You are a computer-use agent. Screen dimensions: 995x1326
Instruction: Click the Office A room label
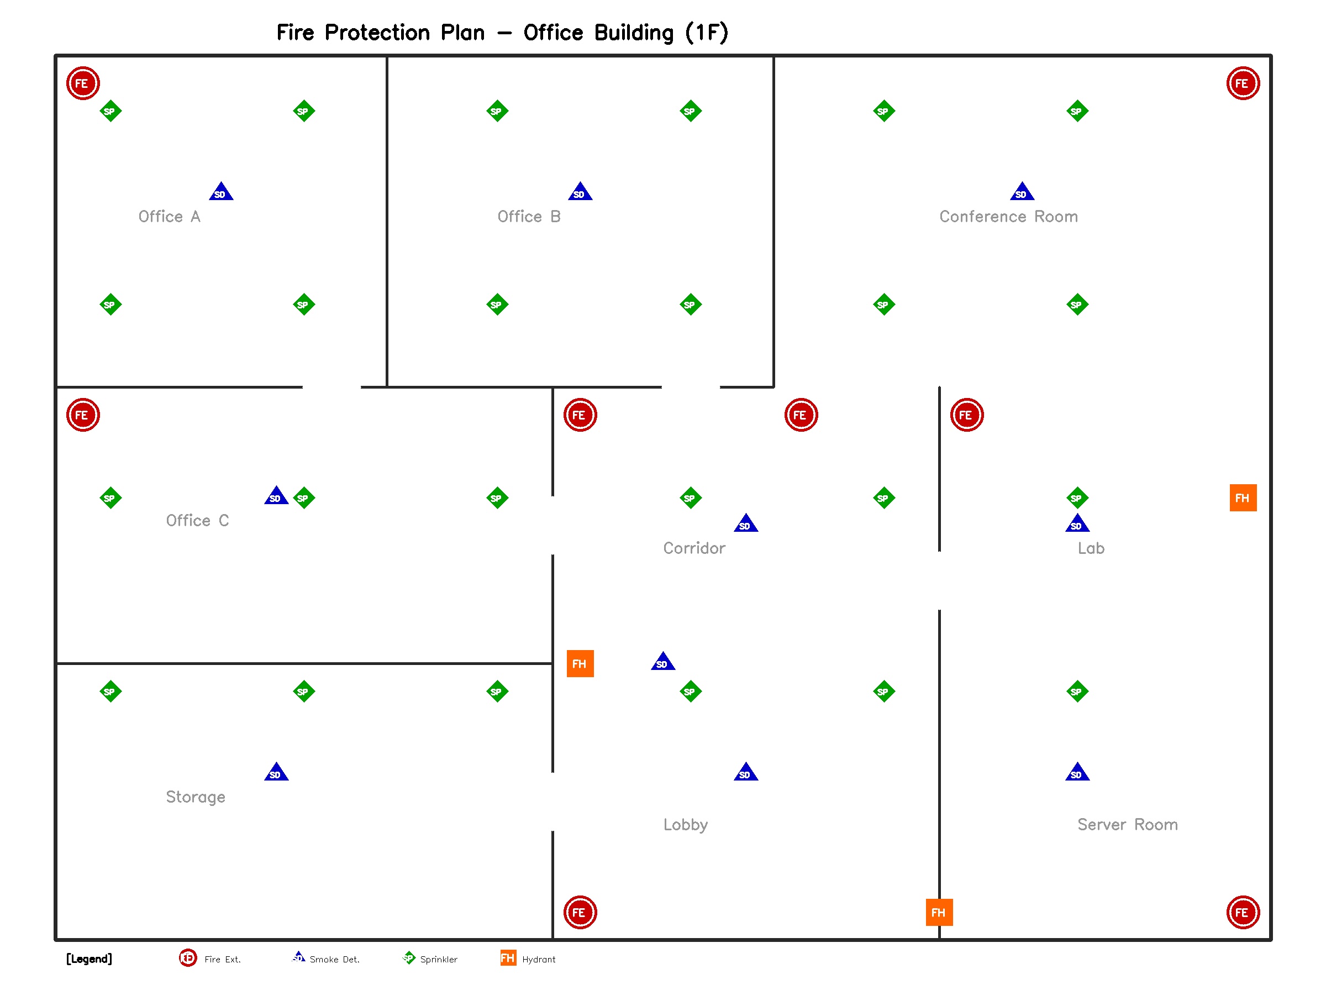point(169,217)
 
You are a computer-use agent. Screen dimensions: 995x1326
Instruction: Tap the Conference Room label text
point(1008,217)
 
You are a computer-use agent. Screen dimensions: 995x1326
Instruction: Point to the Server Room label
point(1127,825)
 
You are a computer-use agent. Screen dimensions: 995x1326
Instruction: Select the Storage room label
point(196,797)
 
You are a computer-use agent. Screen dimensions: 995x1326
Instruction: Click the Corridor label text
point(693,548)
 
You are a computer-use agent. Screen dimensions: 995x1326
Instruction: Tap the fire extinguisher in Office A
point(83,83)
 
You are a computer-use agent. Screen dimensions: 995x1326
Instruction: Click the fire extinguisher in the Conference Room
point(1243,83)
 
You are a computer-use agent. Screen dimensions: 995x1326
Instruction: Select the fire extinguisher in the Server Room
point(1243,912)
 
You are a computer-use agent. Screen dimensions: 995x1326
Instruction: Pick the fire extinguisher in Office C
point(83,415)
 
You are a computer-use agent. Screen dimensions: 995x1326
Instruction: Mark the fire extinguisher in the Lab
point(966,415)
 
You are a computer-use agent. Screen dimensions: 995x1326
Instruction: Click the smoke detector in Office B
point(580,192)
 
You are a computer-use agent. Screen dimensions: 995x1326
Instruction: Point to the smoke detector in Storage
point(276,772)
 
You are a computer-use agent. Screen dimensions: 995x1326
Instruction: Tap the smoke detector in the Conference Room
point(1022,192)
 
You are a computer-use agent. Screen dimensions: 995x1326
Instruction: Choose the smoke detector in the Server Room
point(1077,772)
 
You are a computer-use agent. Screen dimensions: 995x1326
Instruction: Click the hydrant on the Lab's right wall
point(1243,498)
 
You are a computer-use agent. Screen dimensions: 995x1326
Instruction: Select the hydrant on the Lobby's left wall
point(580,663)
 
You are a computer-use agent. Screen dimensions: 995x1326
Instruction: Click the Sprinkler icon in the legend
point(409,958)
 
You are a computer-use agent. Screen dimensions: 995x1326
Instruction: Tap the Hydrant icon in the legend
point(508,958)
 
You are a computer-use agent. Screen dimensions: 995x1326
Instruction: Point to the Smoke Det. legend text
point(334,960)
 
